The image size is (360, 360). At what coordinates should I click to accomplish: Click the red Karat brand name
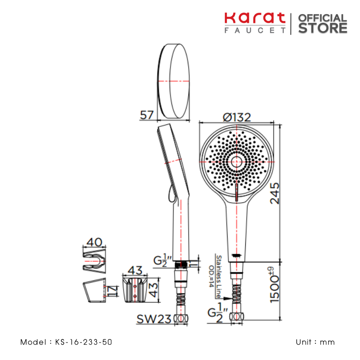(x=255, y=18)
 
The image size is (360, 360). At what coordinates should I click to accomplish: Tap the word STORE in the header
(x=323, y=28)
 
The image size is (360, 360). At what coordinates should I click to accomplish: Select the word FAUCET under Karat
(x=255, y=30)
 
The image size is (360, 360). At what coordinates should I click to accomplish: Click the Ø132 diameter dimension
(x=237, y=117)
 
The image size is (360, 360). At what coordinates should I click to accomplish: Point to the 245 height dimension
(x=275, y=193)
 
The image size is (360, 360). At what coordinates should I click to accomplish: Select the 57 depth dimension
(x=147, y=115)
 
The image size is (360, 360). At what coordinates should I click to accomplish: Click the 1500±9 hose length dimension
(x=274, y=285)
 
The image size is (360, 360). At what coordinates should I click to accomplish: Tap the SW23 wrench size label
(x=154, y=319)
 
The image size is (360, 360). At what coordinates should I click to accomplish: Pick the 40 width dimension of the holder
(x=94, y=242)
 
